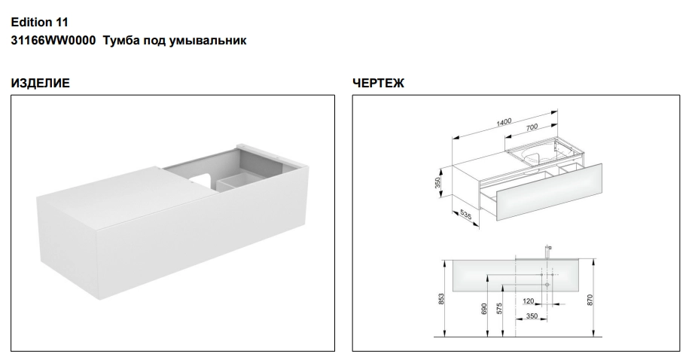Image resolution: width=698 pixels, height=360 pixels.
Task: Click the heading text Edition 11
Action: click(40, 23)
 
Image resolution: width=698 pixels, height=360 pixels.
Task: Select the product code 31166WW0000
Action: click(53, 41)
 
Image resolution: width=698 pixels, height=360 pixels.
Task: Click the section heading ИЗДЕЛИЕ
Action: click(41, 83)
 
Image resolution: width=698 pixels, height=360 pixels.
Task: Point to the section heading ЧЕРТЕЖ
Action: click(379, 83)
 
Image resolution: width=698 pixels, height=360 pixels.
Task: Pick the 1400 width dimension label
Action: click(504, 121)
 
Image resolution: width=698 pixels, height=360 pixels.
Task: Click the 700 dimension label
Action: click(532, 127)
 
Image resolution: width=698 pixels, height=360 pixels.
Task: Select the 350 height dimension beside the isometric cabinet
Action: click(437, 182)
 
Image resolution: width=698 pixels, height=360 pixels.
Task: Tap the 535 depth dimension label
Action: click(465, 215)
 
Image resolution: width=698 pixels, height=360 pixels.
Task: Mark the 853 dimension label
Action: click(441, 298)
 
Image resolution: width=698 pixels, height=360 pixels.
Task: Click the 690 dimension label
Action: click(484, 309)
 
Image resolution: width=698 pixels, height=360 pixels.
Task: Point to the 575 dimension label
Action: click(499, 309)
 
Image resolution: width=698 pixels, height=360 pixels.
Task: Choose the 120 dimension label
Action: click(528, 301)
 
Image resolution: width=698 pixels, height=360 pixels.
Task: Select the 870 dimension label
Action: click(590, 300)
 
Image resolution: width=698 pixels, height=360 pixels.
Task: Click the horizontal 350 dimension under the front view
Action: click(532, 316)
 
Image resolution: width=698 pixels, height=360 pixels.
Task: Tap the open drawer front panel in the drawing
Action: click(550, 193)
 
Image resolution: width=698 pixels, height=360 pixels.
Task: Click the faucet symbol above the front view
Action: click(547, 252)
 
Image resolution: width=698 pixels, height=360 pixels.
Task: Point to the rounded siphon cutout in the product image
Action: click(202, 178)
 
